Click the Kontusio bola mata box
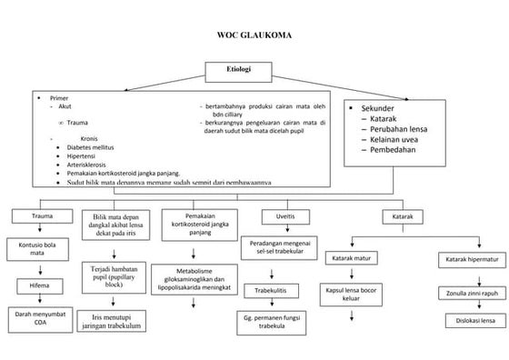point(37,249)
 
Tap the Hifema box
point(37,286)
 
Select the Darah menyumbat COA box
point(37,318)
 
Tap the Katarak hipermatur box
point(471,259)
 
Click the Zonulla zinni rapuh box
point(471,294)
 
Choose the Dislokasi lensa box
point(471,321)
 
